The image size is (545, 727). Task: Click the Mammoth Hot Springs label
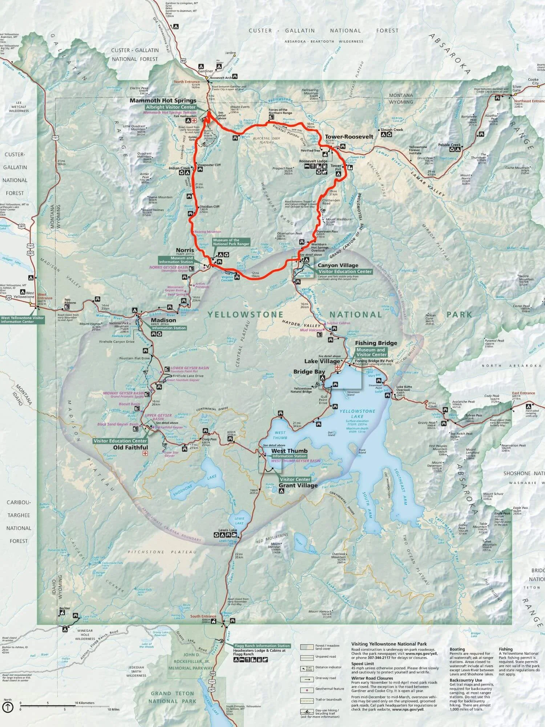click(163, 101)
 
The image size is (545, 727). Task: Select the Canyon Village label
click(338, 265)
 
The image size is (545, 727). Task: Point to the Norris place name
click(185, 250)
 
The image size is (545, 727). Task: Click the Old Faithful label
click(130, 447)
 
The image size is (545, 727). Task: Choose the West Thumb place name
click(289, 451)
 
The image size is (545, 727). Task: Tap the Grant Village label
click(298, 485)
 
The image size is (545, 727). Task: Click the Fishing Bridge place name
click(376, 343)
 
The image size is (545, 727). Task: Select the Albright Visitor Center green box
click(170, 107)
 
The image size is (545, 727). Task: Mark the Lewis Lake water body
click(239, 521)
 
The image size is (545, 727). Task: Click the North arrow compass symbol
click(8, 707)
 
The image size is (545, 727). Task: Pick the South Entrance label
click(203, 616)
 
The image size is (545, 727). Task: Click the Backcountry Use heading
click(465, 680)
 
